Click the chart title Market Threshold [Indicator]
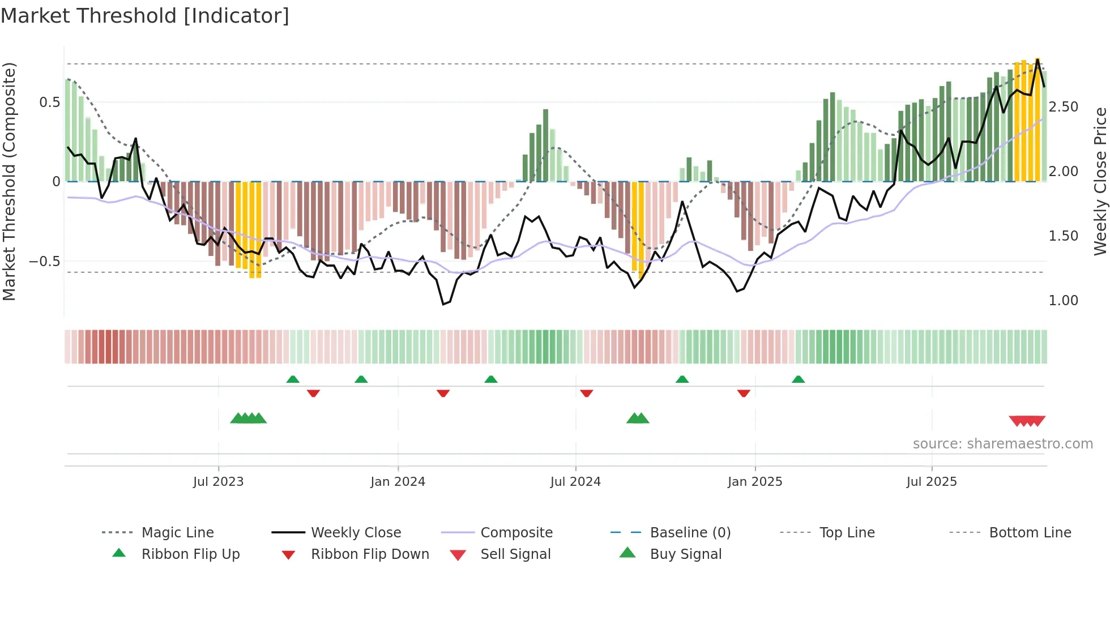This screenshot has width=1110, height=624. tap(145, 16)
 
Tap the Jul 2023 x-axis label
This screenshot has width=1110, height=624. tap(218, 481)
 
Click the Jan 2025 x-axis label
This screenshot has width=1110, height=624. tap(754, 481)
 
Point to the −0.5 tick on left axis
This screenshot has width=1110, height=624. tap(45, 261)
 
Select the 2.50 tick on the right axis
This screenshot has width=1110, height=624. tap(1063, 107)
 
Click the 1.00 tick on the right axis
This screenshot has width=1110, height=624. tap(1063, 301)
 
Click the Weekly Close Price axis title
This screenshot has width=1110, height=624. tap(1099, 181)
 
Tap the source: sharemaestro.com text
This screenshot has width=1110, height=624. tap(1002, 443)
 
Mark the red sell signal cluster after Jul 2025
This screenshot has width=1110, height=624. tap(1027, 421)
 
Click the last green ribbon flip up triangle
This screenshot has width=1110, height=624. tap(798, 379)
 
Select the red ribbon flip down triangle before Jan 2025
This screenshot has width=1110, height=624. tap(744, 393)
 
